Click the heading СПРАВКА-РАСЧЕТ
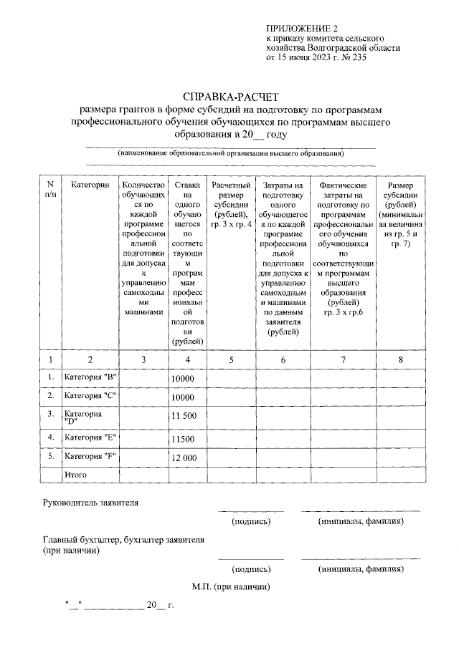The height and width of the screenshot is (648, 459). [229, 95]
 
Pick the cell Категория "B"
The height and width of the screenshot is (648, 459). [90, 377]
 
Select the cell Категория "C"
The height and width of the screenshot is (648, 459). [90, 395]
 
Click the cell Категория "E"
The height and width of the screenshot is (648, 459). [90, 437]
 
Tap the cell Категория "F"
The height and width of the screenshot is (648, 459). [90, 456]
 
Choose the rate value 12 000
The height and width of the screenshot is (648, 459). [184, 458]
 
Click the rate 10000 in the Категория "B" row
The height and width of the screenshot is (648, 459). [183, 378]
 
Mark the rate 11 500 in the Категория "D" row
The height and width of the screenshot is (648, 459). [184, 416]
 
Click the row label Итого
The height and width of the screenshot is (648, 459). [76, 475]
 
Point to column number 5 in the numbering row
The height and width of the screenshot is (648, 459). [232, 359]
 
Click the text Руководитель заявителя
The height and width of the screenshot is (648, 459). [90, 502]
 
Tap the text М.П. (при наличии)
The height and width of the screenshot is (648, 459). [230, 587]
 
